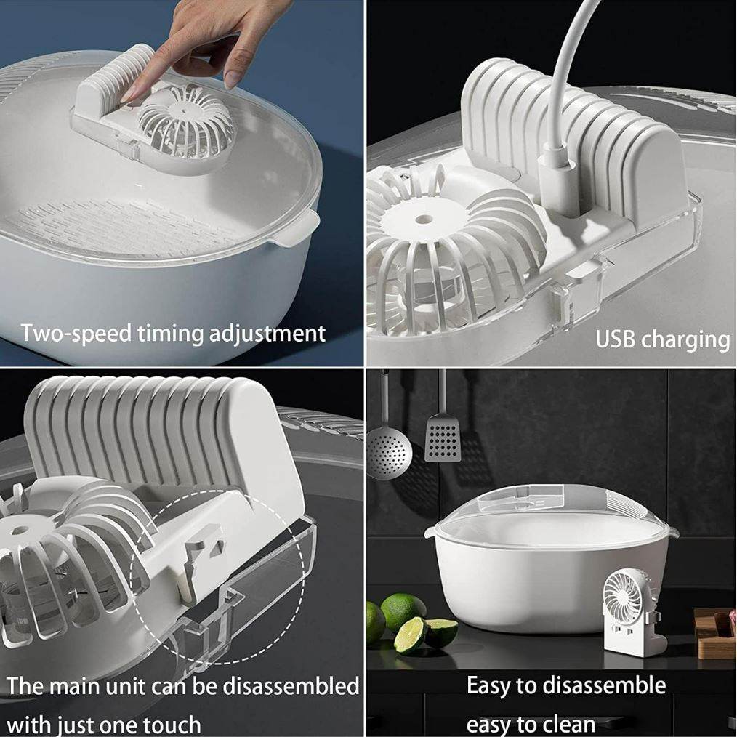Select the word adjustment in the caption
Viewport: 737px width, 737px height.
click(267, 334)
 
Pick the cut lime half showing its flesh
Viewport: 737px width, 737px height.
click(409, 635)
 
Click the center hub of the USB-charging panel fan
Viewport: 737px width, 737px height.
click(421, 217)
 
